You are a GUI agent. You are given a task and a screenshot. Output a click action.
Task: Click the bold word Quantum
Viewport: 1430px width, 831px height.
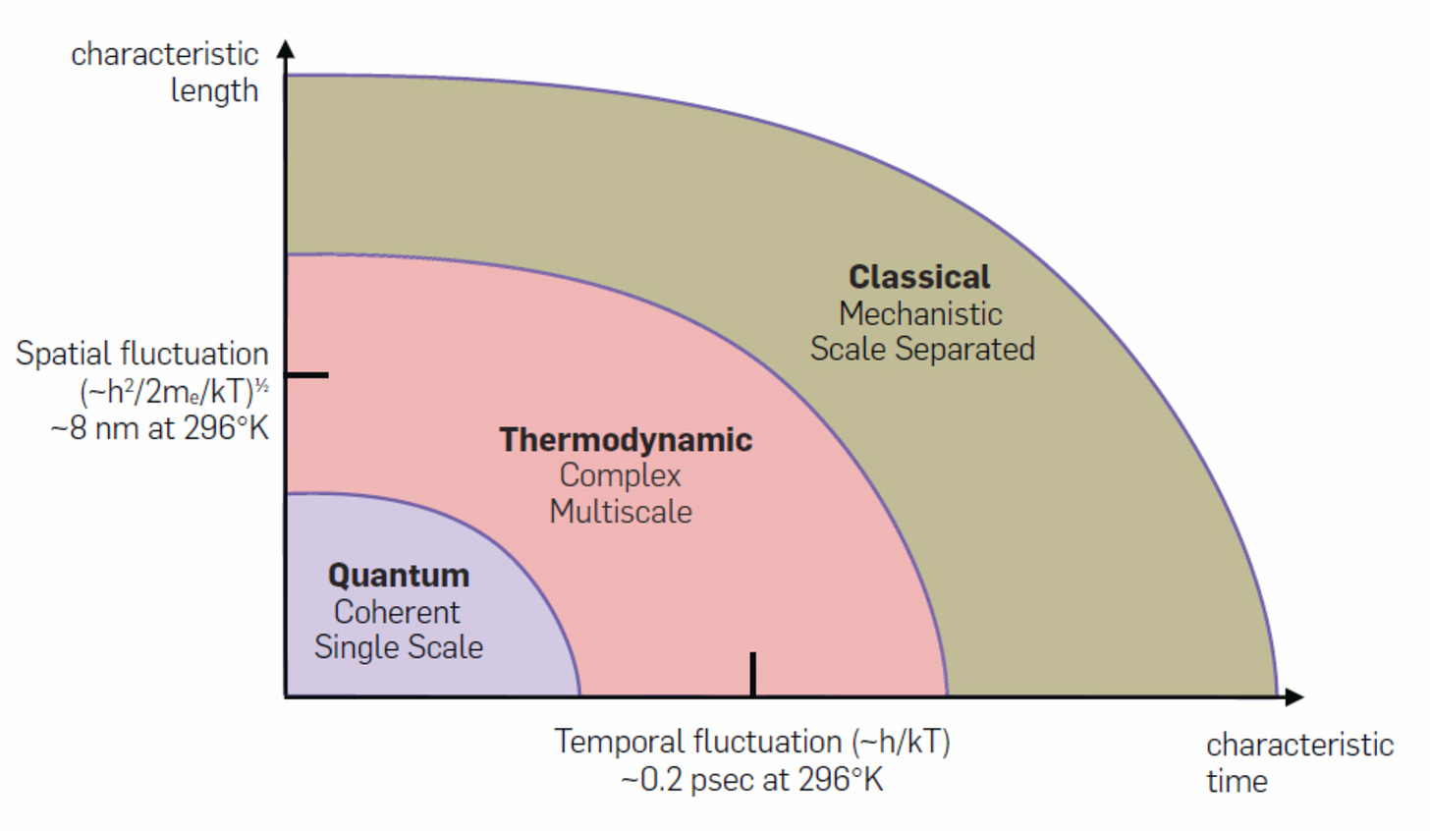(x=398, y=576)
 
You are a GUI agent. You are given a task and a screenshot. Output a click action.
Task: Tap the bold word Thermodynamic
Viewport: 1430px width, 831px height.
(x=626, y=440)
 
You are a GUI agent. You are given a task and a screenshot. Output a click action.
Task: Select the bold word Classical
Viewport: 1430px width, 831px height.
(x=919, y=277)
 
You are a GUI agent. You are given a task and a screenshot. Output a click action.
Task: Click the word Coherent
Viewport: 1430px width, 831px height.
(x=397, y=612)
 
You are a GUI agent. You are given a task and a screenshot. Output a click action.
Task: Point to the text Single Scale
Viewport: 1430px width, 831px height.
(x=398, y=647)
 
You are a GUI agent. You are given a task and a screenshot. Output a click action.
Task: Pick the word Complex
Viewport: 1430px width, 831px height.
(x=620, y=475)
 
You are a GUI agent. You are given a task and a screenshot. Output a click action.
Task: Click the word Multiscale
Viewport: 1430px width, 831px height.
(x=621, y=512)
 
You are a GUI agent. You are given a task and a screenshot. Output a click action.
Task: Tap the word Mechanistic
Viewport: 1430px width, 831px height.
(x=920, y=313)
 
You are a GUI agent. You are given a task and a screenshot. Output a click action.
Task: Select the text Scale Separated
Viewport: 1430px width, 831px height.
(x=922, y=349)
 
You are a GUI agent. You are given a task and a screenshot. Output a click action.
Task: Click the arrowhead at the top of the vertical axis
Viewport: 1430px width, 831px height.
(x=286, y=50)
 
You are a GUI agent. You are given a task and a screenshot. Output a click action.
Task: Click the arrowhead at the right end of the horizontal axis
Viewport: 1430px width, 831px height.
(x=1294, y=696)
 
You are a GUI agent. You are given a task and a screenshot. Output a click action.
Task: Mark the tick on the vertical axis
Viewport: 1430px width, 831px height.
(x=307, y=375)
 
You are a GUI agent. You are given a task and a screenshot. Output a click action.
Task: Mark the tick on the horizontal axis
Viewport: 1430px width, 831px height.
(x=753, y=674)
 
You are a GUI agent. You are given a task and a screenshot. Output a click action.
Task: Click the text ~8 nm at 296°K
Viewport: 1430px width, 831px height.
(x=159, y=428)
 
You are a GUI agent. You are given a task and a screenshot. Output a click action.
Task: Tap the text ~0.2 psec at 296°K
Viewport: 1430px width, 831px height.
(x=752, y=780)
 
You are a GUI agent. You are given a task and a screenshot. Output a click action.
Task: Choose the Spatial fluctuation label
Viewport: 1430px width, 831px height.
(x=141, y=354)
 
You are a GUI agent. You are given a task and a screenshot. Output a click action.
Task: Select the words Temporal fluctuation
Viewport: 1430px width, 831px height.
(x=697, y=742)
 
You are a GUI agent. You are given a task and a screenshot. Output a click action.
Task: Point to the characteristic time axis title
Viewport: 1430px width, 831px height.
(x=1298, y=762)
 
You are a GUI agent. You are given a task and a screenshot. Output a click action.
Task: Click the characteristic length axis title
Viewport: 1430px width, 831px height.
(x=165, y=72)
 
